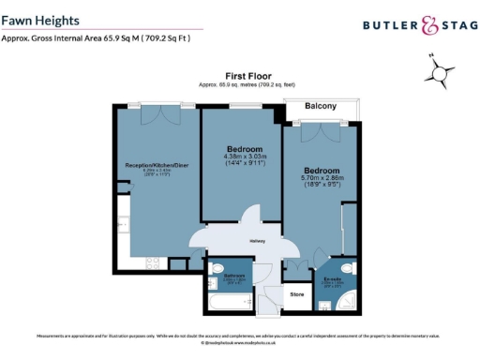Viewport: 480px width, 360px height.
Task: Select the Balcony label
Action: pyautogui.click(x=321, y=106)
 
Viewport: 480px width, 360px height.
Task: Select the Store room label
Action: pyautogui.click(x=295, y=294)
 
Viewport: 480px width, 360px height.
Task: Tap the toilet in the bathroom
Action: pyautogui.click(x=217, y=270)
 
